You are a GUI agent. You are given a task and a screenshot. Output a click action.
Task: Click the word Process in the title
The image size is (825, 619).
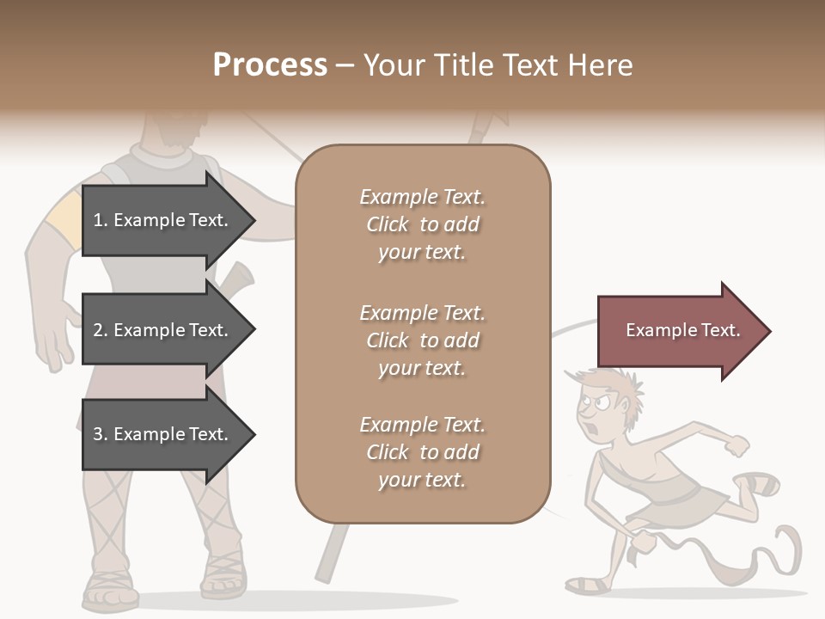click(270, 65)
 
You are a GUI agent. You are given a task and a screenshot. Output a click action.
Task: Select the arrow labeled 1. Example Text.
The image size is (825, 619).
click(163, 220)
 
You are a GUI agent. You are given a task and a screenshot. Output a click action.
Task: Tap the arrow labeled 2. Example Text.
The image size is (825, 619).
click(163, 330)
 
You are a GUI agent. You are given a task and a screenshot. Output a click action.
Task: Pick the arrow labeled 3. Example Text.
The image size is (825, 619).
click(163, 434)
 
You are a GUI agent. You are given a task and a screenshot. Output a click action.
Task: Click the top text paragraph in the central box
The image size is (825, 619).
click(422, 224)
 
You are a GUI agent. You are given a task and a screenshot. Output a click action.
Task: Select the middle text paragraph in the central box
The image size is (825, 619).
click(422, 340)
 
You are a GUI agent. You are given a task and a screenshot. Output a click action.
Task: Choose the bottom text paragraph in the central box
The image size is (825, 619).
click(422, 452)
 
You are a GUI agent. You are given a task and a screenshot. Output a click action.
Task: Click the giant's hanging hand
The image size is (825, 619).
click(56, 331)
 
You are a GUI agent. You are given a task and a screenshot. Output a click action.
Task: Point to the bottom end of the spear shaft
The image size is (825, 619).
click(324, 573)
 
